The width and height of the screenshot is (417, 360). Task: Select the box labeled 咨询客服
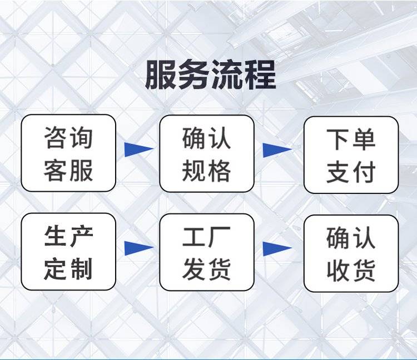(x=68, y=153)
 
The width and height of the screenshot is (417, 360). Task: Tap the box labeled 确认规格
(x=207, y=153)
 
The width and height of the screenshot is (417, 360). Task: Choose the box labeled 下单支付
(x=351, y=154)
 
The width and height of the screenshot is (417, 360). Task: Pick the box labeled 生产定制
(x=68, y=252)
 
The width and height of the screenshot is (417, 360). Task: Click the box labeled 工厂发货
(x=207, y=252)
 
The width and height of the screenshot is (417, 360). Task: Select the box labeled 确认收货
(x=351, y=253)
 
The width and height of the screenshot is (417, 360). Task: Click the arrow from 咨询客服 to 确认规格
(x=138, y=149)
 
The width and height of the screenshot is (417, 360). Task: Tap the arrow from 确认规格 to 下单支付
(x=277, y=149)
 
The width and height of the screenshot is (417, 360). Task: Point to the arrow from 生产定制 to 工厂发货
(x=138, y=248)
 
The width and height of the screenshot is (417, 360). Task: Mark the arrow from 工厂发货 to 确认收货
(x=277, y=248)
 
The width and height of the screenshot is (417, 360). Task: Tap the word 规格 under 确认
(x=207, y=171)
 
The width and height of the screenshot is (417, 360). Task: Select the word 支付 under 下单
(x=351, y=172)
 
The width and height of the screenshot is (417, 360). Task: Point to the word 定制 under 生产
(x=68, y=269)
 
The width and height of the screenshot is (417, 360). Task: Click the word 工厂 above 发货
(x=207, y=237)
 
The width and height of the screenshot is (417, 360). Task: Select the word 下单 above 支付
(x=351, y=139)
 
